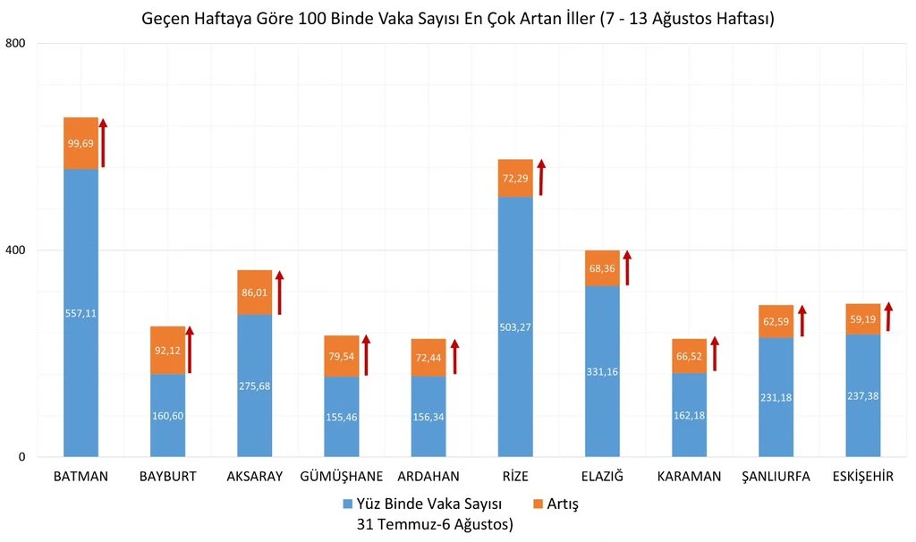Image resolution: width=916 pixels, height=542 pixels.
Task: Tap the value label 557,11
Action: tap(81, 313)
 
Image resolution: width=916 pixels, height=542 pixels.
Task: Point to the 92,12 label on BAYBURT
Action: tap(167, 351)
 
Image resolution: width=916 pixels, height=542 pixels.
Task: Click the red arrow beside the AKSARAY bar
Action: tap(279, 292)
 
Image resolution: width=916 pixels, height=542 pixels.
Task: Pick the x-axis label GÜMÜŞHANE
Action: tap(341, 477)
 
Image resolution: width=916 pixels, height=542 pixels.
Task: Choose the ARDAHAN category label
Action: tap(428, 477)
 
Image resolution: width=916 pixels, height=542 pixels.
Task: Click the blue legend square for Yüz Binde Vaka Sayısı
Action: tap(348, 504)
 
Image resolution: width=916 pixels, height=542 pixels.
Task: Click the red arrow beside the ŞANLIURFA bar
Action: tap(802, 321)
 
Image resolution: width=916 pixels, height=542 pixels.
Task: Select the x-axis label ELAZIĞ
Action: tap(602, 477)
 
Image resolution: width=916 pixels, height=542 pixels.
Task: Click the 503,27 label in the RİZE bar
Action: tap(515, 326)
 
